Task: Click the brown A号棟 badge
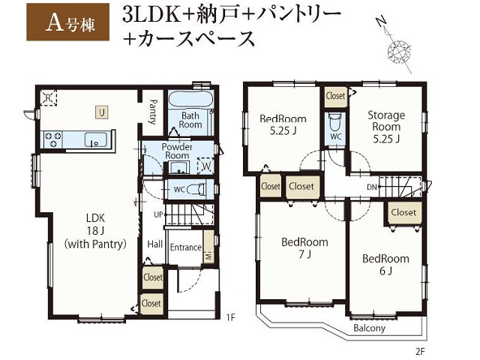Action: (x=68, y=22)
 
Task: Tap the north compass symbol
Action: (x=396, y=46)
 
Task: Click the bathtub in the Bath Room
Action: (x=190, y=99)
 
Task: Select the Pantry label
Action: (x=152, y=112)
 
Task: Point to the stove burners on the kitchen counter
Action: (x=52, y=139)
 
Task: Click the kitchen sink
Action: (x=95, y=140)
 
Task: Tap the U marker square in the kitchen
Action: (x=102, y=112)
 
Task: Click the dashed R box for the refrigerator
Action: (x=48, y=97)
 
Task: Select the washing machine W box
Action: (x=206, y=166)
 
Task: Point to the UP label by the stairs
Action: (x=158, y=214)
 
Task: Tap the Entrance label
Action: (x=185, y=247)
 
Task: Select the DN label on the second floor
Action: (x=371, y=187)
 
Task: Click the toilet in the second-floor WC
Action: (x=334, y=121)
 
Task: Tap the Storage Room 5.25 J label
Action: (x=386, y=127)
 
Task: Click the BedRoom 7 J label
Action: (x=304, y=247)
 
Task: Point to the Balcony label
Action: (x=369, y=328)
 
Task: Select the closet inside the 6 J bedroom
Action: (x=403, y=212)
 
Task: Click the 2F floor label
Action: (x=420, y=351)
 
